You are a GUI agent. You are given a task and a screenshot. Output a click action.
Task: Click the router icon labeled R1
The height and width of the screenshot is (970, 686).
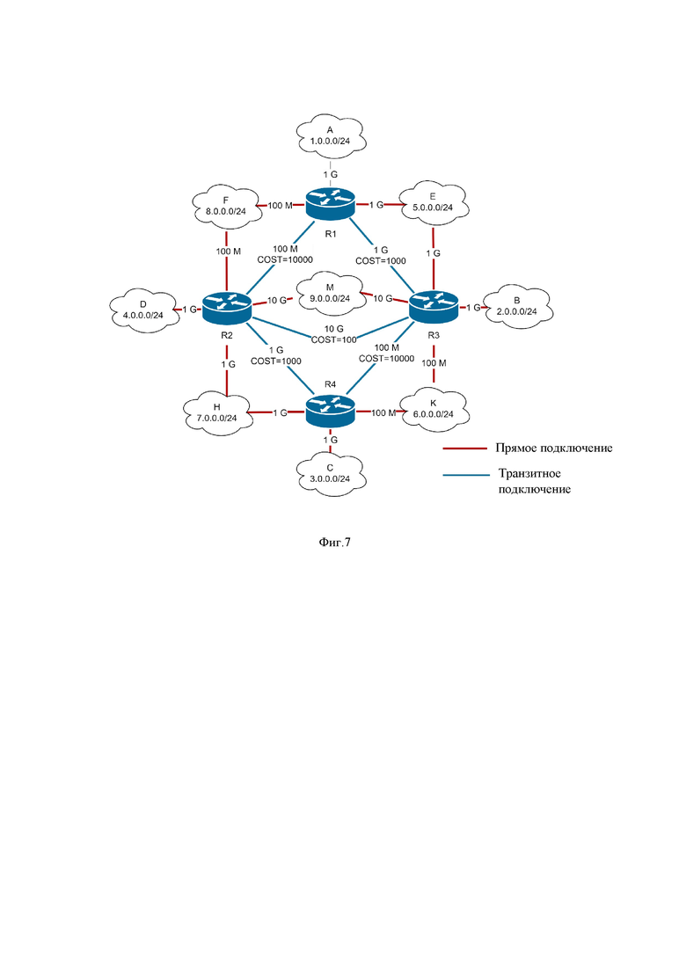331,203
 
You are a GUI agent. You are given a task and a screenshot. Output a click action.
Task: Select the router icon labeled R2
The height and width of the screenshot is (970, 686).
227,306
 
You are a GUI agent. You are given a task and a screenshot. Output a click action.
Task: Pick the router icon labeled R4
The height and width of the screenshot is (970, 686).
331,410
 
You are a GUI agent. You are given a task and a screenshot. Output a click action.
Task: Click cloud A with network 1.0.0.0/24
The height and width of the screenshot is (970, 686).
331,135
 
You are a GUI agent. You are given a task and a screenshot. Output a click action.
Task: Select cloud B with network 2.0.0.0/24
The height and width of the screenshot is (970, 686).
517,306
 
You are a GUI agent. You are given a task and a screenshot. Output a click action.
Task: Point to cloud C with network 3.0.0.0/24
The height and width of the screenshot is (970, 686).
331,474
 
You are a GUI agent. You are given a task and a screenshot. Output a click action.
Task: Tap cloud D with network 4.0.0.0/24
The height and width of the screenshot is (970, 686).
143,310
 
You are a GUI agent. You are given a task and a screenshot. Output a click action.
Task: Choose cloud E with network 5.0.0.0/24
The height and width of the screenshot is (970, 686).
433,202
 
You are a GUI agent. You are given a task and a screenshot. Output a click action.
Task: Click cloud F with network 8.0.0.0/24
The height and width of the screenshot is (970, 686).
226,206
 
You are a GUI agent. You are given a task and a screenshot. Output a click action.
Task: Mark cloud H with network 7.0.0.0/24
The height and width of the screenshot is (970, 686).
217,412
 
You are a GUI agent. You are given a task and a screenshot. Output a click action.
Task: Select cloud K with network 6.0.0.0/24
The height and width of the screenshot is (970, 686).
434,408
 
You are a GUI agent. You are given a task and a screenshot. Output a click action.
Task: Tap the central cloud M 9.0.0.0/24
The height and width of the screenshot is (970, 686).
331,293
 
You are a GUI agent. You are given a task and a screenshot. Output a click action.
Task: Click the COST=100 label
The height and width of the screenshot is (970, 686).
334,339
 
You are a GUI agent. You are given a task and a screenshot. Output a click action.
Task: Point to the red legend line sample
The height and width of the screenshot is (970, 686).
465,449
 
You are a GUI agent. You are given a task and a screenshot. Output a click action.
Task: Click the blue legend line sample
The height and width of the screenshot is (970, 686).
465,475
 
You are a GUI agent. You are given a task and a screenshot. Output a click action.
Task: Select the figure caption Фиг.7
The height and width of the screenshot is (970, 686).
335,543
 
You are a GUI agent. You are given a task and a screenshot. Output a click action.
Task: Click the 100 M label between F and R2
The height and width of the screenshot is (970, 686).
229,252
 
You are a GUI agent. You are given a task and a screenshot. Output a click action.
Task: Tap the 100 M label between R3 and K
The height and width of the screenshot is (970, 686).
434,363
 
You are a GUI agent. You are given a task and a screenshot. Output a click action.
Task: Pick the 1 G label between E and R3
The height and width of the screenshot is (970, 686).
434,253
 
